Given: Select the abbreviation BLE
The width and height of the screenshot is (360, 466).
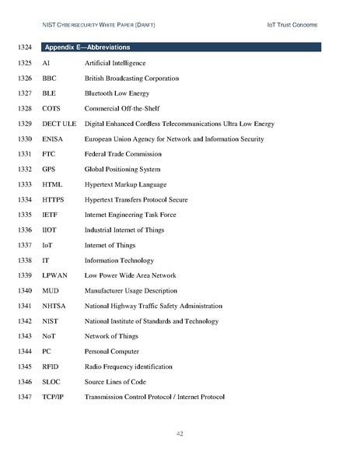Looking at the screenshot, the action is coord(49,93).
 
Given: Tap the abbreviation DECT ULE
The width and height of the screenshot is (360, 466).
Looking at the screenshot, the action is coord(58,124).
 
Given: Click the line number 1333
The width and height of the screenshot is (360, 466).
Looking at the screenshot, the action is coord(23,184).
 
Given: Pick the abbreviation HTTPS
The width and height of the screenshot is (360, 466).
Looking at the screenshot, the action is coord(53,200).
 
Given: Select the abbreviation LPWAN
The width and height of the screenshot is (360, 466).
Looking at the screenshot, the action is coord(54,275).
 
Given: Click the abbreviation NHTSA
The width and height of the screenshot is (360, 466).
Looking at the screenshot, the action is coord(54,306).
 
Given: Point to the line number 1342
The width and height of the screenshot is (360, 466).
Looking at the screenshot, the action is coord(23,321).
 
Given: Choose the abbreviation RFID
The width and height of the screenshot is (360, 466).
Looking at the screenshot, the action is coord(51,366).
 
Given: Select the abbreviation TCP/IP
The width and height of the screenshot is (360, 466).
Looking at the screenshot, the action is coord(53,397).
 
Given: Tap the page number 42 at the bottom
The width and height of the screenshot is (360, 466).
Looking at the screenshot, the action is coord(180,433).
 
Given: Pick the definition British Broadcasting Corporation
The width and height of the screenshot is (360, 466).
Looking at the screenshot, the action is coord(131,79).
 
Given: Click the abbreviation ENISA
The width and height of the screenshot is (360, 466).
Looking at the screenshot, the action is coord(52,139).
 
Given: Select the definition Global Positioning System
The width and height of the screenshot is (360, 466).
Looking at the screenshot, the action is coord(122,170).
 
